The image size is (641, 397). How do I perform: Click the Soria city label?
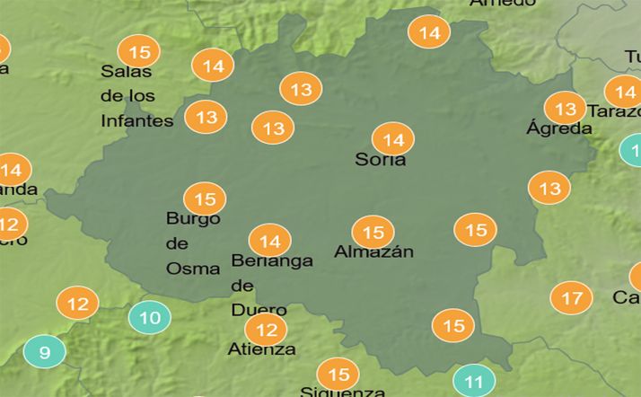point(380,161)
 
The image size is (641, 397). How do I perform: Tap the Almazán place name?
point(373,252)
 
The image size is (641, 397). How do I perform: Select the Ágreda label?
point(558,128)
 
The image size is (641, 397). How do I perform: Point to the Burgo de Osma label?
point(193,243)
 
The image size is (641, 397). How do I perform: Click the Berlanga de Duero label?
point(271,285)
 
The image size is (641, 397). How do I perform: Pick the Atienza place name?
point(261,348)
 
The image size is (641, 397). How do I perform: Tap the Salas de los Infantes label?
point(136,95)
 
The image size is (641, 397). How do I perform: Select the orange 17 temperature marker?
point(571,297)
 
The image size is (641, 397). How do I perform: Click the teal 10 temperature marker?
point(150,317)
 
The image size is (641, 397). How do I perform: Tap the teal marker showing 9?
point(45,351)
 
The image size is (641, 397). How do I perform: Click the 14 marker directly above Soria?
point(393,139)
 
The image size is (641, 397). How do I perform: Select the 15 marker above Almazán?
point(373,232)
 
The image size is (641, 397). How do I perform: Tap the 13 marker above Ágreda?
point(565,110)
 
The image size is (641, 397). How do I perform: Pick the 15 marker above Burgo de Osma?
point(205,198)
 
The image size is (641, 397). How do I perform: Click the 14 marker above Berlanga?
point(269,241)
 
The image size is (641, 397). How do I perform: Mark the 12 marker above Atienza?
point(266,330)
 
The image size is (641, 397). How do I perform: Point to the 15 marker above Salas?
point(139,50)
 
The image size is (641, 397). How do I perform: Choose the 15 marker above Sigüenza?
point(338,374)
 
